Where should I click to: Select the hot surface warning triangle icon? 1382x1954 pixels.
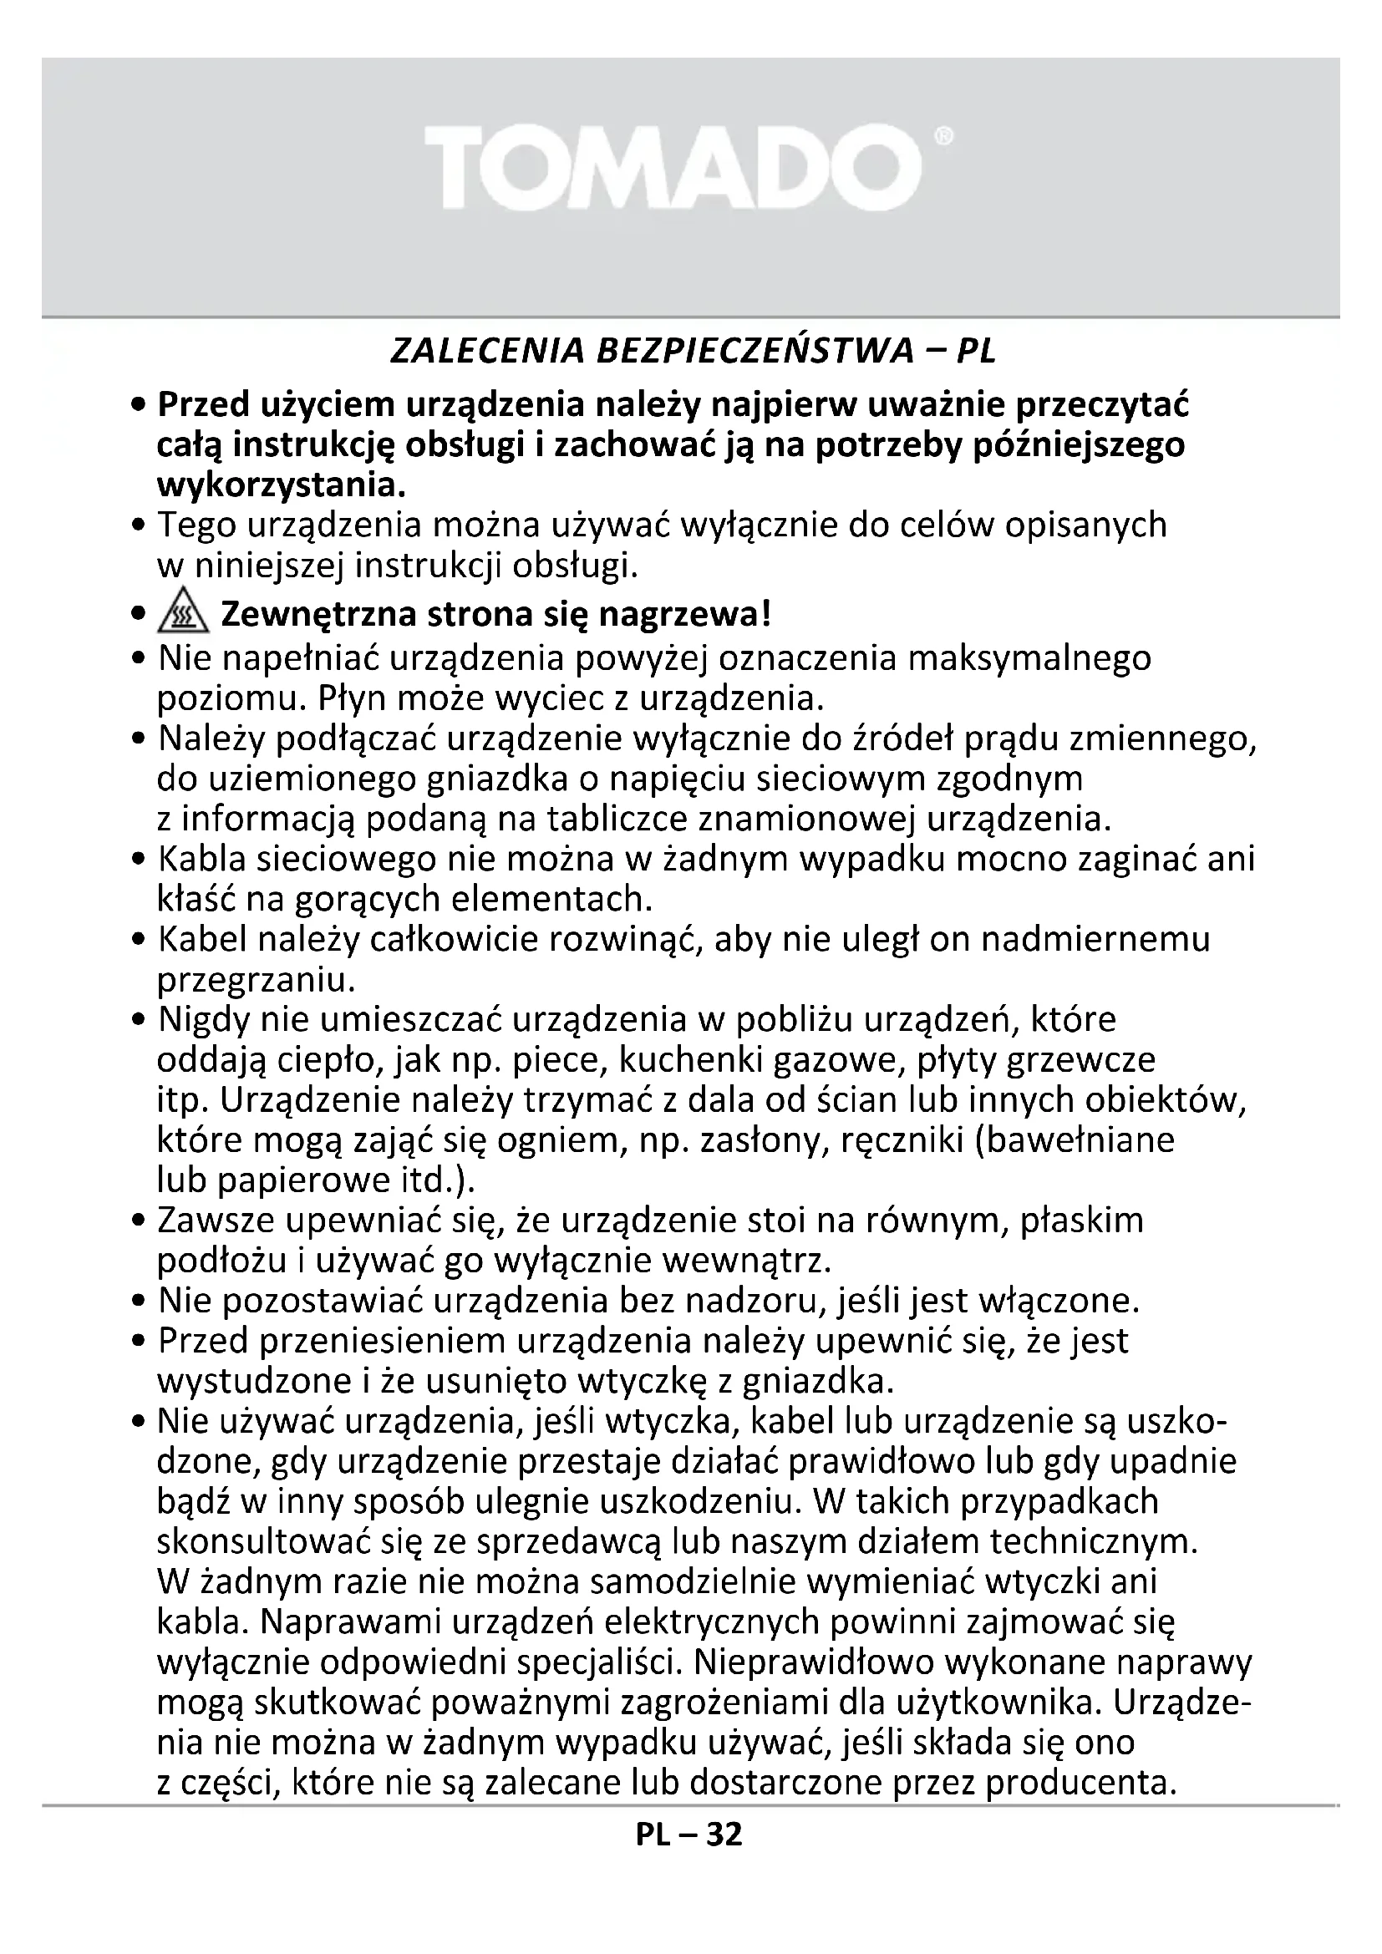(x=183, y=615)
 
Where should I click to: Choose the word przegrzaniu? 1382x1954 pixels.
(x=256, y=981)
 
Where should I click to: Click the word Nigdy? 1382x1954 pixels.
(x=203, y=1019)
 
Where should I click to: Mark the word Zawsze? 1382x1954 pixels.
(x=216, y=1221)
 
